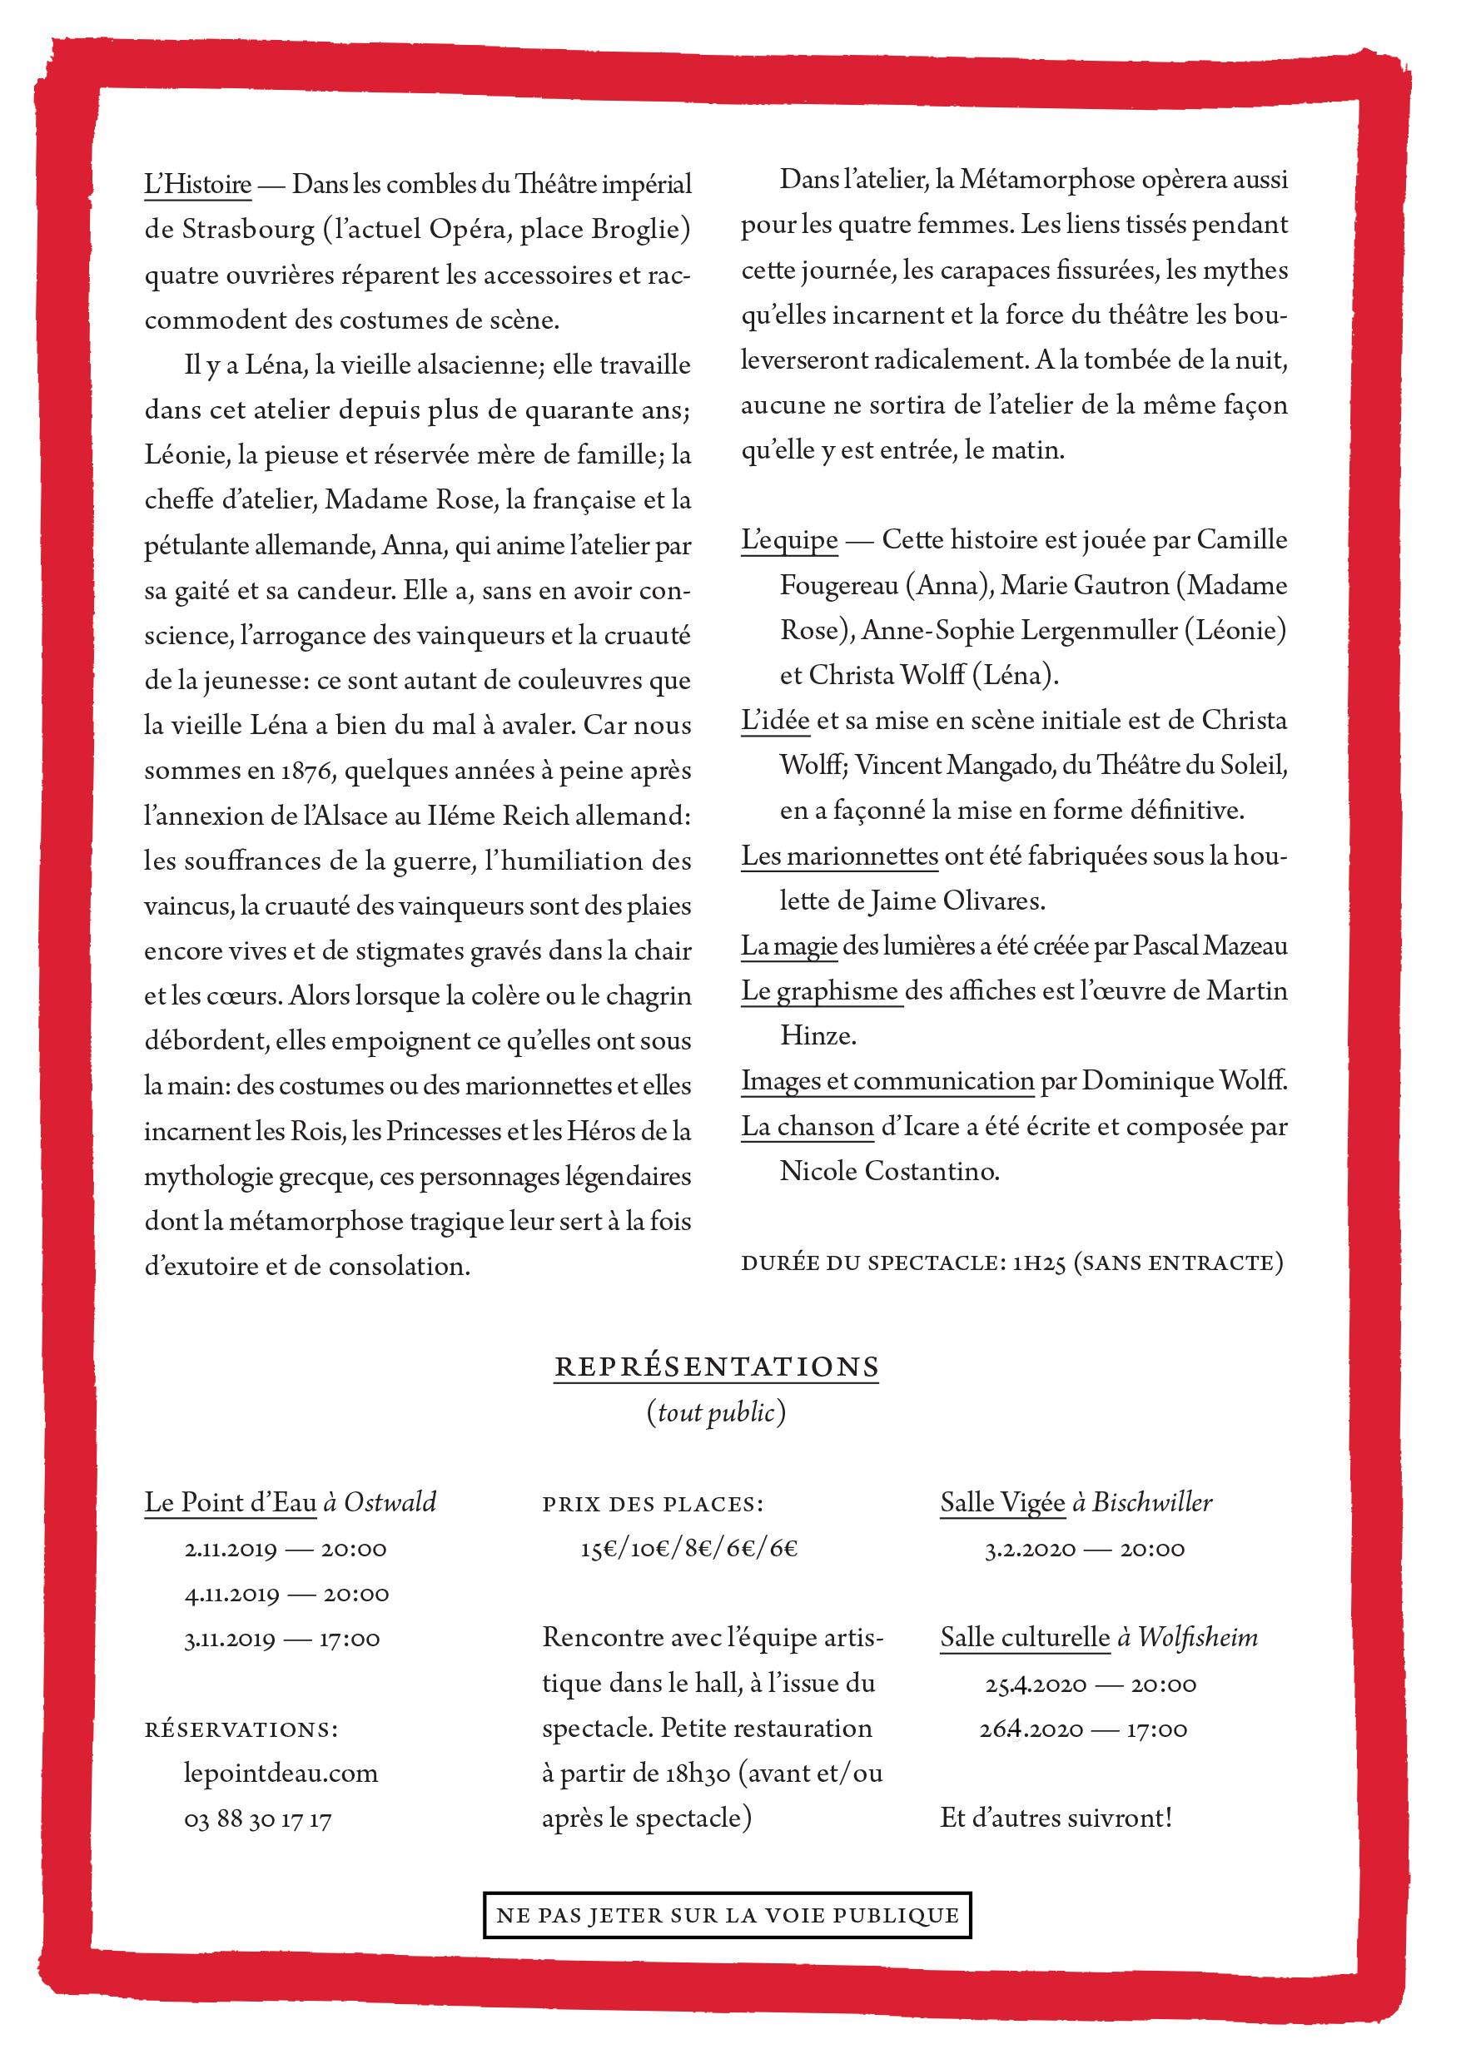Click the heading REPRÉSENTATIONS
pyautogui.click(x=716, y=1367)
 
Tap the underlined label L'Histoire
pyautogui.click(x=197, y=185)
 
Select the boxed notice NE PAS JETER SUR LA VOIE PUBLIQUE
pyautogui.click(x=727, y=1915)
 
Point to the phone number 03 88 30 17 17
pyautogui.click(x=257, y=1818)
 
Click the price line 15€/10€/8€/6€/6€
pyautogui.click(x=688, y=1549)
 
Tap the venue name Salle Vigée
pyautogui.click(x=1002, y=1503)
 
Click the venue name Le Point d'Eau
pyautogui.click(x=231, y=1503)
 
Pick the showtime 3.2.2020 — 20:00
pyautogui.click(x=1084, y=1550)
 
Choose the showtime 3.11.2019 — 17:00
pyautogui.click(x=281, y=1639)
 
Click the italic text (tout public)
pyautogui.click(x=716, y=1412)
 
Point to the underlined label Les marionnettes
pyautogui.click(x=839, y=856)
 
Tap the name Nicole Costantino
pyautogui.click(x=889, y=1172)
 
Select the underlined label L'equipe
pyautogui.click(x=789, y=539)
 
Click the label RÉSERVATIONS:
pyautogui.click(x=241, y=1729)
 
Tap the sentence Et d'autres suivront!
pyautogui.click(x=1056, y=1818)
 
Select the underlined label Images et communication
pyautogui.click(x=887, y=1081)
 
